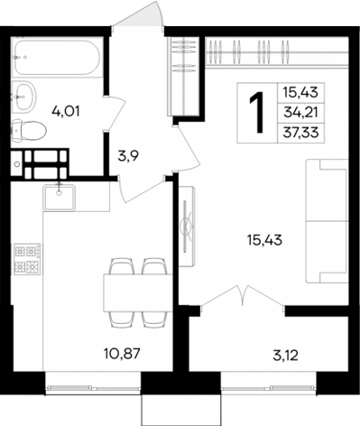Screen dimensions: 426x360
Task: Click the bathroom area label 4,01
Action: coord(62,112)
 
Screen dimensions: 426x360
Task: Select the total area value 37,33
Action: coord(304,132)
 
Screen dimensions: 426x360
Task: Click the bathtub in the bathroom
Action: coord(55,57)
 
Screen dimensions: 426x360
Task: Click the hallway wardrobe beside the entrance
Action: coord(184,76)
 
